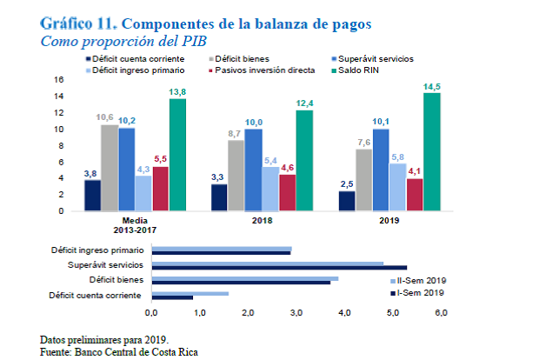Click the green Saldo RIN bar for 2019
click(431, 151)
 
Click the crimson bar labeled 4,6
click(287, 192)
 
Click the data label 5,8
click(397, 156)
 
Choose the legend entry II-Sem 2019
click(421, 282)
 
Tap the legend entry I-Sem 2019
click(421, 293)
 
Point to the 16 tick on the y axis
click(60, 79)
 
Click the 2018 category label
click(262, 221)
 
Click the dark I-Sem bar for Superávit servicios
click(278, 267)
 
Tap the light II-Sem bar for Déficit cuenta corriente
click(190, 294)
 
